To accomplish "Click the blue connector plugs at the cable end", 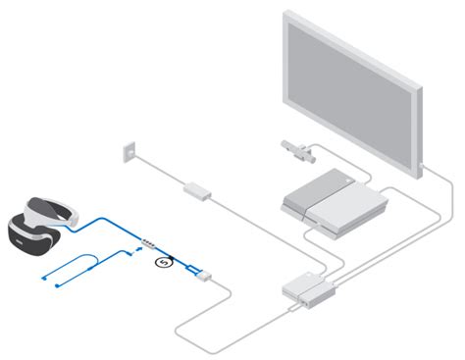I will click(x=193, y=266).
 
